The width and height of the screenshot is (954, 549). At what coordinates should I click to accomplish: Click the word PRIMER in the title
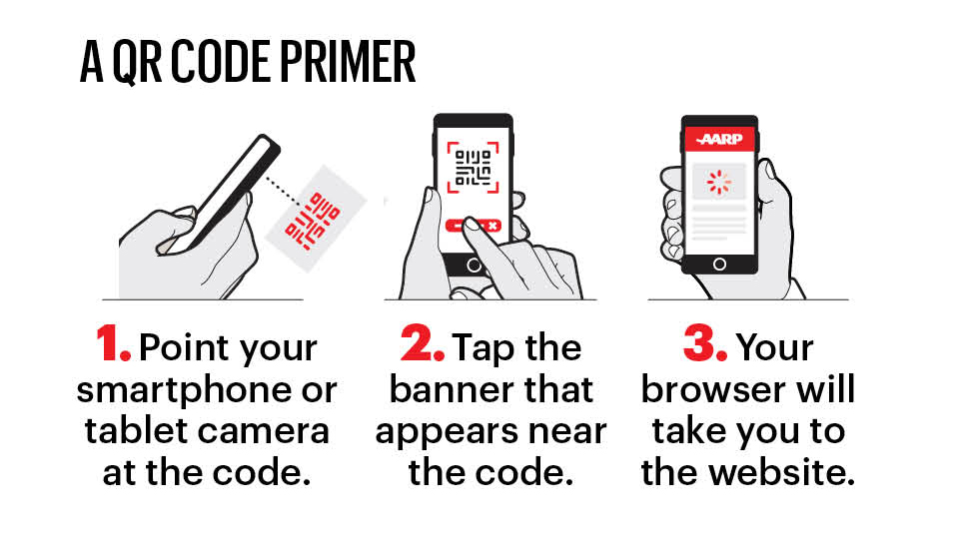click(x=348, y=62)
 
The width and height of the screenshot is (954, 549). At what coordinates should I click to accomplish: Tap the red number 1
click(x=113, y=343)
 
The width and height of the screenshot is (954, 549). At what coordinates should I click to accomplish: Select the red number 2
click(x=422, y=343)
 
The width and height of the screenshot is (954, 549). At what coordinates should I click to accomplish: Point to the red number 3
click(x=705, y=343)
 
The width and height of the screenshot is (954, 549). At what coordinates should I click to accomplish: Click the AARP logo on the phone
click(x=720, y=139)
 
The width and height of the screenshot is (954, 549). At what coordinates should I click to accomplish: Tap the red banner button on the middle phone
click(x=474, y=226)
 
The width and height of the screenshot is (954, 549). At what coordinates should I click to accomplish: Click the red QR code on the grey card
click(x=313, y=221)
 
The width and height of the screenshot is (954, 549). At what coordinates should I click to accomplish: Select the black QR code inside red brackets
click(x=474, y=168)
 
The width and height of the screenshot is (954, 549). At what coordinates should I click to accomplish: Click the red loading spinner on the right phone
click(x=718, y=182)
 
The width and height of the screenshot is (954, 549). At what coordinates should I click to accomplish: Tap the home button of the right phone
click(x=719, y=264)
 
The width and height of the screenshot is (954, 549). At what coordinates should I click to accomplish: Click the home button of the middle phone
click(x=474, y=266)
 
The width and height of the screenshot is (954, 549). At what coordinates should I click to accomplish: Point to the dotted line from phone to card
click(x=283, y=191)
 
